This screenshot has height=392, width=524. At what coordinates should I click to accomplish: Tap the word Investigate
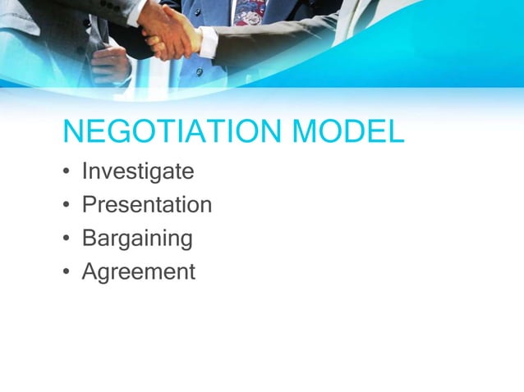[138, 171]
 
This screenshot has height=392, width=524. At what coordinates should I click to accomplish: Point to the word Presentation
[147, 205]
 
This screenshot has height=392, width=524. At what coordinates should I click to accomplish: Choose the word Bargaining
[137, 239]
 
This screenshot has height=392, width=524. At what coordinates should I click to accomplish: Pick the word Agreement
[139, 271]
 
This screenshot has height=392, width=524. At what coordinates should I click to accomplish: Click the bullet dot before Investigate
[66, 173]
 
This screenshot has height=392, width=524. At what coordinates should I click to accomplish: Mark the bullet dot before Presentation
[66, 206]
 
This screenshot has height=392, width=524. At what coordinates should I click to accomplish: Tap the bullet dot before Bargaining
[66, 239]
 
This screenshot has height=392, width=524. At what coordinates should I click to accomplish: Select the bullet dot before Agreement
[66, 272]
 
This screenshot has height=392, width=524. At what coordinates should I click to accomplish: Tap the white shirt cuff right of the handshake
[208, 41]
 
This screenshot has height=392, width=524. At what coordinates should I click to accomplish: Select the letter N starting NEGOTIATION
[72, 132]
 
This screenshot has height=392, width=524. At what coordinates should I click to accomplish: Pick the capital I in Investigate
[85, 171]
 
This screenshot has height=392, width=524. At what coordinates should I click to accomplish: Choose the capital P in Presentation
[89, 205]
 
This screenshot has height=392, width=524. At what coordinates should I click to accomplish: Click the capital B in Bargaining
[89, 239]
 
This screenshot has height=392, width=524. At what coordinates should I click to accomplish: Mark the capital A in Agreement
[90, 271]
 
